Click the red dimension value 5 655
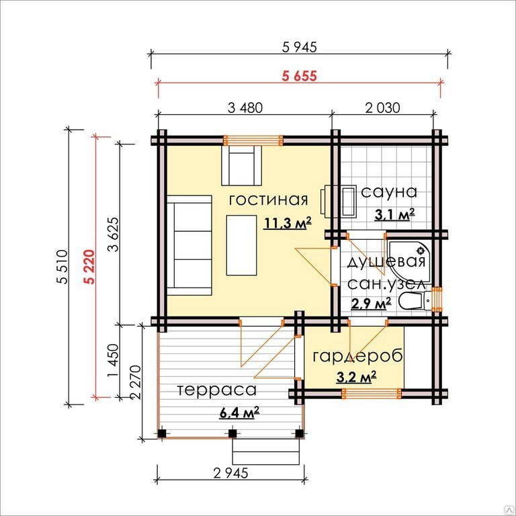(300, 77)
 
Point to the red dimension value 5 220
(89, 267)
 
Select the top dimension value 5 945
(300, 47)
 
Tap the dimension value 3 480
(245, 108)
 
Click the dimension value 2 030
(382, 108)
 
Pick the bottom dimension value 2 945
(230, 473)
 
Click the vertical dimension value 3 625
(113, 234)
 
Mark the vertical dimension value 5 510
(62, 267)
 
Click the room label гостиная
(269, 200)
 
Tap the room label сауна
(389, 192)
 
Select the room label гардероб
(357, 357)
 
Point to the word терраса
(217, 390)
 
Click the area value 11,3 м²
(287, 223)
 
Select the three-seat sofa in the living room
(189, 245)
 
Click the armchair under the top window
(242, 166)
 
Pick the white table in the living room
(242, 245)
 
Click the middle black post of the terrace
(232, 433)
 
